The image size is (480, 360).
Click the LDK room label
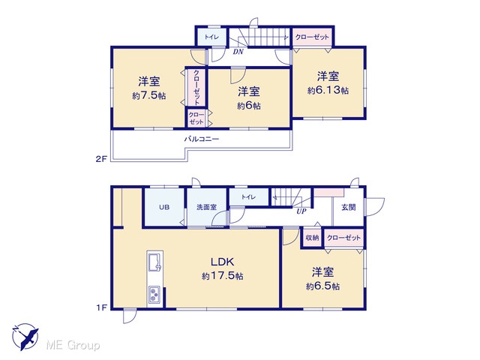point(223,262)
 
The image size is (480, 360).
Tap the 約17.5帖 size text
point(223,276)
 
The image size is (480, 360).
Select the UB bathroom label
point(164,207)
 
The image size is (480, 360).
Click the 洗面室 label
point(207,207)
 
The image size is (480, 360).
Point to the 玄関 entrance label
point(349,207)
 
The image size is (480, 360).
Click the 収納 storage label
point(312,238)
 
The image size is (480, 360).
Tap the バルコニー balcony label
point(202,139)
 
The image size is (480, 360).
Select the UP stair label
point(301,211)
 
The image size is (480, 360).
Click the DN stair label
point(238,52)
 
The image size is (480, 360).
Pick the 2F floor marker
point(101,159)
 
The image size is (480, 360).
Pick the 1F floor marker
point(102,307)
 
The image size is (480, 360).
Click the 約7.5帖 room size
point(149,96)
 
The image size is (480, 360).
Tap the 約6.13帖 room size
point(328,90)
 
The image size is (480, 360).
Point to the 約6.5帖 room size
point(323,286)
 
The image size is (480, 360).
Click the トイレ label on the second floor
point(211,37)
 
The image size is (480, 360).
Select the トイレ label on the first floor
point(248,196)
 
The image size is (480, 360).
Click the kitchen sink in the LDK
point(155,262)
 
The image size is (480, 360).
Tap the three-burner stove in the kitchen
point(154,295)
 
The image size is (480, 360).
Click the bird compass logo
point(25,337)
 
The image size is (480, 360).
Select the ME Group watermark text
point(73,345)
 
